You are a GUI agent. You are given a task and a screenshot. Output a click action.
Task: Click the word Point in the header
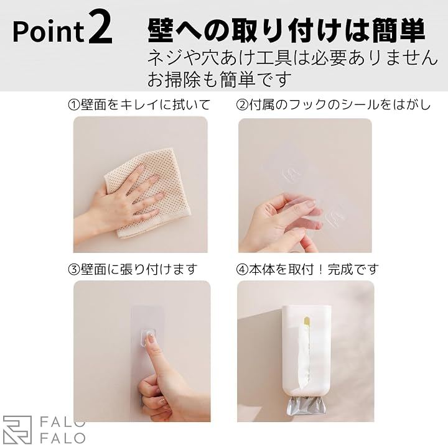coord(49,32)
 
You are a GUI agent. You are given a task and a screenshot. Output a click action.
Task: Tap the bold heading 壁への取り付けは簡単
coord(286,30)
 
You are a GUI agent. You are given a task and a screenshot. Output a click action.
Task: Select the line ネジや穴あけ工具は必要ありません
coord(292,58)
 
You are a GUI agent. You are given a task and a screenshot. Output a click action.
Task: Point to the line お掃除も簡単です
coord(220,79)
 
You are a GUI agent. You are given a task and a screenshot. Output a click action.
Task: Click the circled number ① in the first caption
coord(74,105)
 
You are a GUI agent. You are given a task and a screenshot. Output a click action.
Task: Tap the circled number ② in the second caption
coord(242,105)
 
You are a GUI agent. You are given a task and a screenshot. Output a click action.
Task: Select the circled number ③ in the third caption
coord(74,269)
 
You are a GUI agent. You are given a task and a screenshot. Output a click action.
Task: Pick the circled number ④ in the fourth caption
coord(242,269)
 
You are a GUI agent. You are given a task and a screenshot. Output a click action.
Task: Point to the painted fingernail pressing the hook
coord(150,340)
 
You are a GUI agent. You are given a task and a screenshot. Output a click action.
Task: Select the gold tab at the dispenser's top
coord(307,321)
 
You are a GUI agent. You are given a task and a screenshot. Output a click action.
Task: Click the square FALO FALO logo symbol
coord(17,430)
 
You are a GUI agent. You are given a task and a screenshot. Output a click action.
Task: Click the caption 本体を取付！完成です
coord(314,269)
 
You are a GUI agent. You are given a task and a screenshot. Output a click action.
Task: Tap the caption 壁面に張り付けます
coord(139,269)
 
